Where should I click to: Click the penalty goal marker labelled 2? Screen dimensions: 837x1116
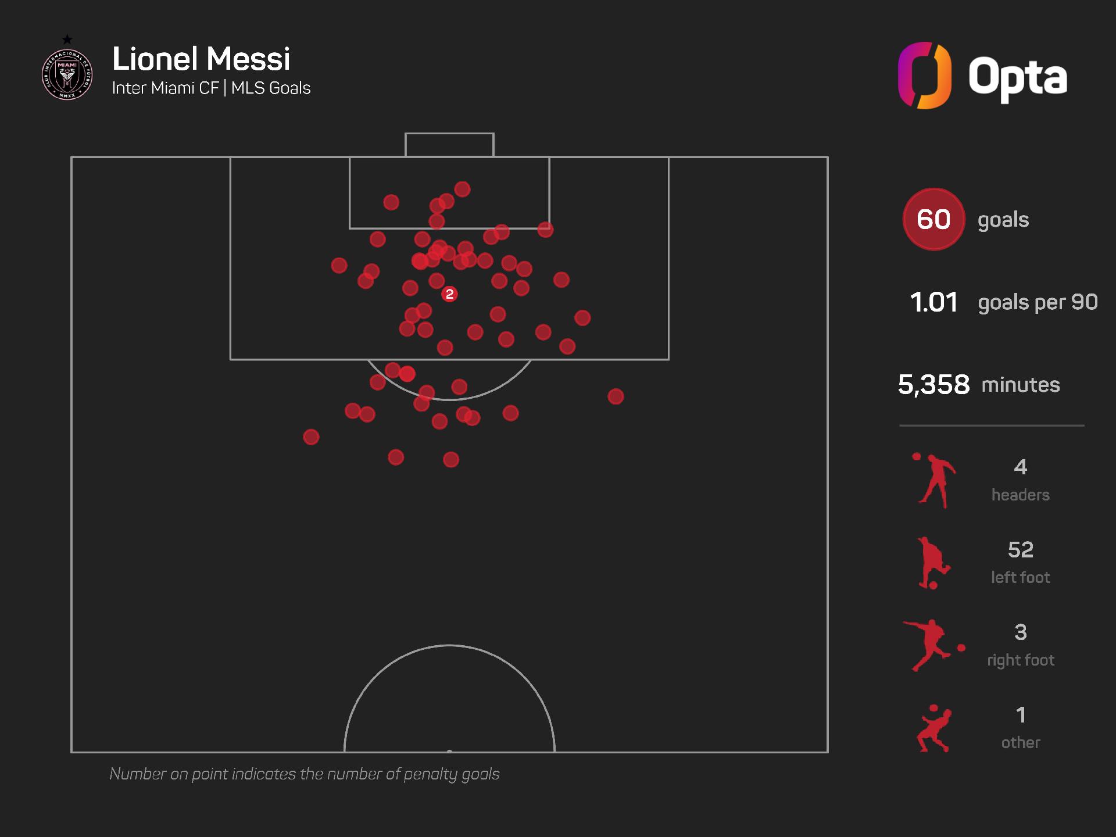[x=449, y=294]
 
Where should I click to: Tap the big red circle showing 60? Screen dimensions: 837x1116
[x=933, y=219]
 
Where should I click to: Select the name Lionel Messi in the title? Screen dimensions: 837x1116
[x=201, y=59]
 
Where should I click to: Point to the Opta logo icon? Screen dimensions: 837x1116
[x=924, y=76]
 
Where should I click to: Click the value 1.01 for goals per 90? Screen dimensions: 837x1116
[x=933, y=302]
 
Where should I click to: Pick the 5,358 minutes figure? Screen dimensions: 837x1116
[x=933, y=384]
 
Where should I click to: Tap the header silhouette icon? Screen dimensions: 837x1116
[x=933, y=480]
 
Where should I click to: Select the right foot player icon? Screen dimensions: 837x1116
[x=932, y=645]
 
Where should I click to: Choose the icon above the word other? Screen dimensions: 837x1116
[x=933, y=728]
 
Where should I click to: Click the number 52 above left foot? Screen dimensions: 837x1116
[x=1021, y=549]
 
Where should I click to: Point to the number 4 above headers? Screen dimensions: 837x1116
[x=1021, y=467]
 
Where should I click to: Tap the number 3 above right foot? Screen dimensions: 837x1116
[x=1021, y=632]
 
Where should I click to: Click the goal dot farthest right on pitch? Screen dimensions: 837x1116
[x=616, y=396]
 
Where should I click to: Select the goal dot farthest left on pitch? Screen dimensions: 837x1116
[x=311, y=437]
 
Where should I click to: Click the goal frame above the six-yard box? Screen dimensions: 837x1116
[x=449, y=145]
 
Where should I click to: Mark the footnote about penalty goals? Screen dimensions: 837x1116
[x=305, y=774]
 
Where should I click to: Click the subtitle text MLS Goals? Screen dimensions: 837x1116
[x=271, y=88]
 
